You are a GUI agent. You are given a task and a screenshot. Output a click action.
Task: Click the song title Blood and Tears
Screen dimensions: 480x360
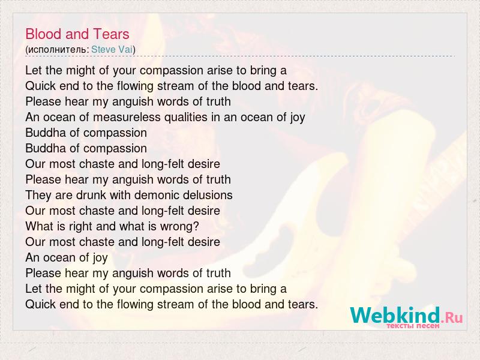(x=77, y=34)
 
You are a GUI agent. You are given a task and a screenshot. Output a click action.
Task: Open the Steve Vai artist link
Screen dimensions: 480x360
(x=112, y=50)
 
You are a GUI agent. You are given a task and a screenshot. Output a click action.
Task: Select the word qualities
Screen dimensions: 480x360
(x=186, y=117)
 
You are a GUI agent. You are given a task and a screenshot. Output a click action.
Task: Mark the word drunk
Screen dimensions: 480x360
(x=91, y=195)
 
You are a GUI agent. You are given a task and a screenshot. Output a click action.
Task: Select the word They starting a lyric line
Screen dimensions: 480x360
(x=38, y=196)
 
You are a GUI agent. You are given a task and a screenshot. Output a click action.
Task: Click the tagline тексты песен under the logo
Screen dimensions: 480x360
(x=413, y=326)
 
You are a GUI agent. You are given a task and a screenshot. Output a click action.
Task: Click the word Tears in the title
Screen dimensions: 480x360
(x=112, y=34)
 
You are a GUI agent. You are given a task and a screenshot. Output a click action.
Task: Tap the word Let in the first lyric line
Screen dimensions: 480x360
(x=34, y=70)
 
